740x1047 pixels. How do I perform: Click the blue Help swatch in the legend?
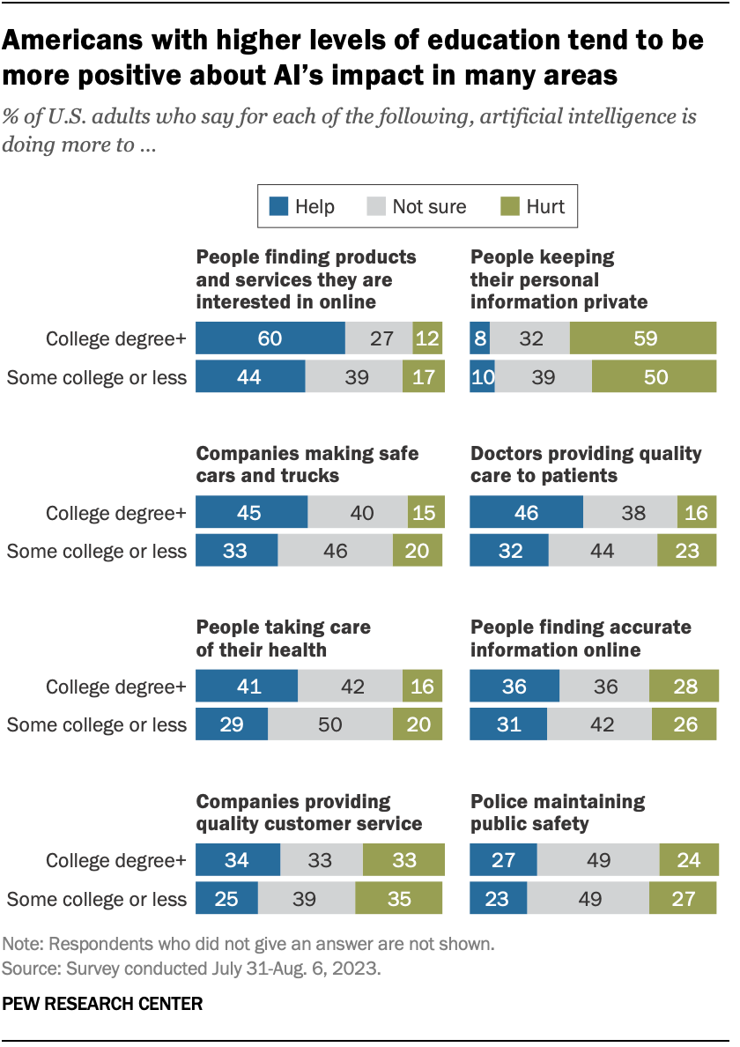tap(279, 207)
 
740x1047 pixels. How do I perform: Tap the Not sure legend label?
tap(429, 207)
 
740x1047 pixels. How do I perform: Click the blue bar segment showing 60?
tap(270, 338)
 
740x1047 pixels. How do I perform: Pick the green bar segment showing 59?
tap(642, 338)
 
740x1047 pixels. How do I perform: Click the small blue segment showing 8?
tap(479, 338)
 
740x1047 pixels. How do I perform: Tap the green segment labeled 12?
tap(428, 338)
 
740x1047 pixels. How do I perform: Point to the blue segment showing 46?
tap(526, 512)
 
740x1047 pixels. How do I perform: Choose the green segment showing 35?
tap(400, 898)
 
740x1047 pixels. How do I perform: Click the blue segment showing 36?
tap(514, 686)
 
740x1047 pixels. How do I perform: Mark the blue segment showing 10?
tap(482, 377)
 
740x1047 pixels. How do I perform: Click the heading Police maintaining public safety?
tap(557, 813)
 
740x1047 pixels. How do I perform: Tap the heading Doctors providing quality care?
tap(586, 464)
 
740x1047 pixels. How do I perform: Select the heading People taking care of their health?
tap(282, 638)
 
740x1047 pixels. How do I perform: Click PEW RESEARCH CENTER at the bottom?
tap(103, 1003)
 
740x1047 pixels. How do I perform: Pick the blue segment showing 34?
tap(237, 859)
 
